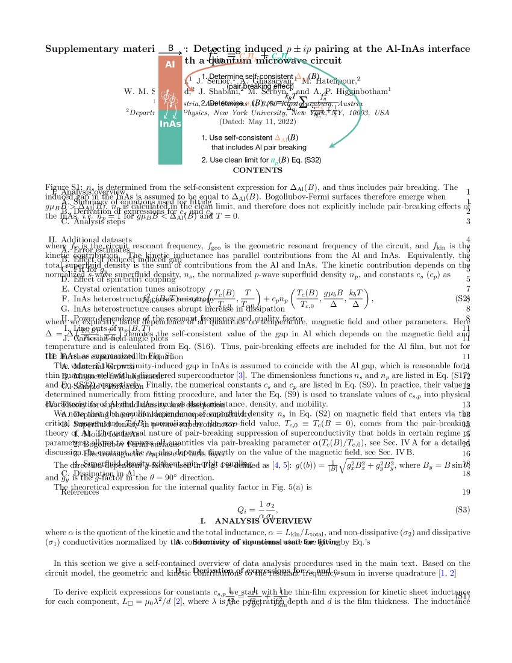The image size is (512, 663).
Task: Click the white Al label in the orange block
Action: click(x=170, y=64)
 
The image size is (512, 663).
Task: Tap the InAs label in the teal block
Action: click(x=170, y=124)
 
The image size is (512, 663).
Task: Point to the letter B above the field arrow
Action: click(x=171, y=48)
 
